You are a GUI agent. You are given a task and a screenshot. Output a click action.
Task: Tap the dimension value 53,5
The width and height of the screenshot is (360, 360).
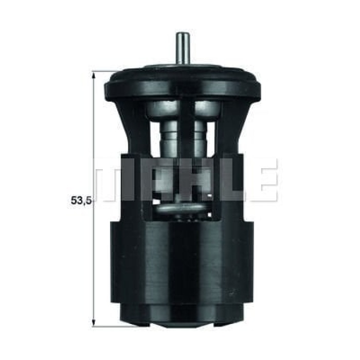click(x=81, y=201)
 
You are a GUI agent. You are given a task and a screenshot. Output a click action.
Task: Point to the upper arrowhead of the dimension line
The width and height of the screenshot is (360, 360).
click(x=94, y=76)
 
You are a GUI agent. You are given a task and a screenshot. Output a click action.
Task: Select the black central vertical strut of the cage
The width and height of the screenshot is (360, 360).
click(x=186, y=144)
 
